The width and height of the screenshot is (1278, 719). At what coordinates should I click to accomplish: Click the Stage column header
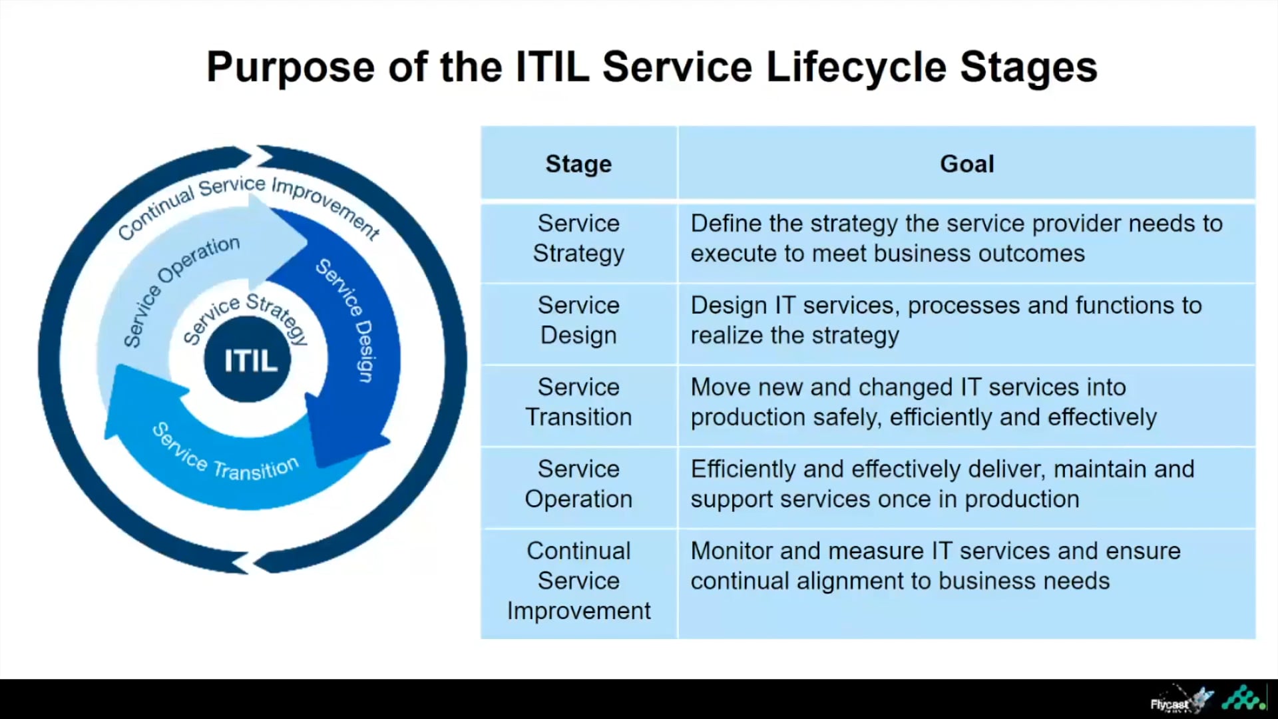[x=578, y=164]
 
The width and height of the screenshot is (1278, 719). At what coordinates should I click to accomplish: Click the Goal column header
[x=966, y=164]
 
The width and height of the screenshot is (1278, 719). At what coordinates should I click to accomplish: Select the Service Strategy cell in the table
[x=578, y=238]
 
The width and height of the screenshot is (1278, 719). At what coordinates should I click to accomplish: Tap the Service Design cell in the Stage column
[x=578, y=320]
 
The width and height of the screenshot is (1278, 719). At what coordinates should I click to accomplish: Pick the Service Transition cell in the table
[x=578, y=402]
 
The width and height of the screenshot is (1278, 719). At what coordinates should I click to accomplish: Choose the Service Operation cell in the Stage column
[x=578, y=484]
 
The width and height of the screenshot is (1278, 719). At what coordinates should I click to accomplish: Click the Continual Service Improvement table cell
[x=578, y=581]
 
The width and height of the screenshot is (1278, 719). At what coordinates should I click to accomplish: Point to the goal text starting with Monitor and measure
[x=935, y=566]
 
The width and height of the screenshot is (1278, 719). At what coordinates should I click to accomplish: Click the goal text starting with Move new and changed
[x=923, y=402]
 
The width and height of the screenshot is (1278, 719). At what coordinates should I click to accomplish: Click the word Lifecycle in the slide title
[x=856, y=67]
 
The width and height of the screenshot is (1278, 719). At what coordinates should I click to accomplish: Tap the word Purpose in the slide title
[x=290, y=67]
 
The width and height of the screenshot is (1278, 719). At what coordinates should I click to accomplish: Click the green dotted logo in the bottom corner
[x=1243, y=698]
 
